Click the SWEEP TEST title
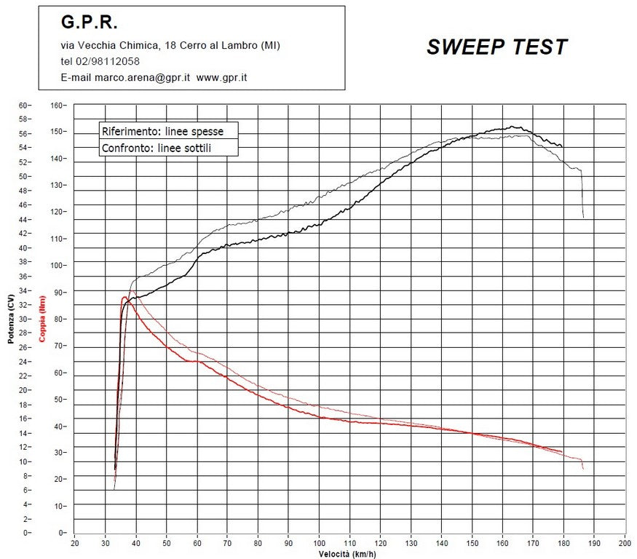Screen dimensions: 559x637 pyautogui.click(x=496, y=47)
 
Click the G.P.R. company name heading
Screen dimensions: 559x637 pyautogui.click(x=89, y=23)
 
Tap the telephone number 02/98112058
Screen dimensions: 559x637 pyautogui.click(x=110, y=61)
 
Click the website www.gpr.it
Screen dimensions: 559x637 pyautogui.click(x=221, y=77)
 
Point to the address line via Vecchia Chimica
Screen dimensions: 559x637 pyautogui.click(x=170, y=45)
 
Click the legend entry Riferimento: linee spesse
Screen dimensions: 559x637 pyautogui.click(x=162, y=131)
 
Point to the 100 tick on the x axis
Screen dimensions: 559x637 pyautogui.click(x=320, y=543)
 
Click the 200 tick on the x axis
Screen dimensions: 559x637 pyautogui.click(x=625, y=543)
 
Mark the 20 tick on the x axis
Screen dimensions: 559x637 pyautogui.click(x=75, y=543)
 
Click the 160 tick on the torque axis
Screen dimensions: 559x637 pyautogui.click(x=58, y=105)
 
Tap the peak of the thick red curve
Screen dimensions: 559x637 pyautogui.click(x=124, y=297)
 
